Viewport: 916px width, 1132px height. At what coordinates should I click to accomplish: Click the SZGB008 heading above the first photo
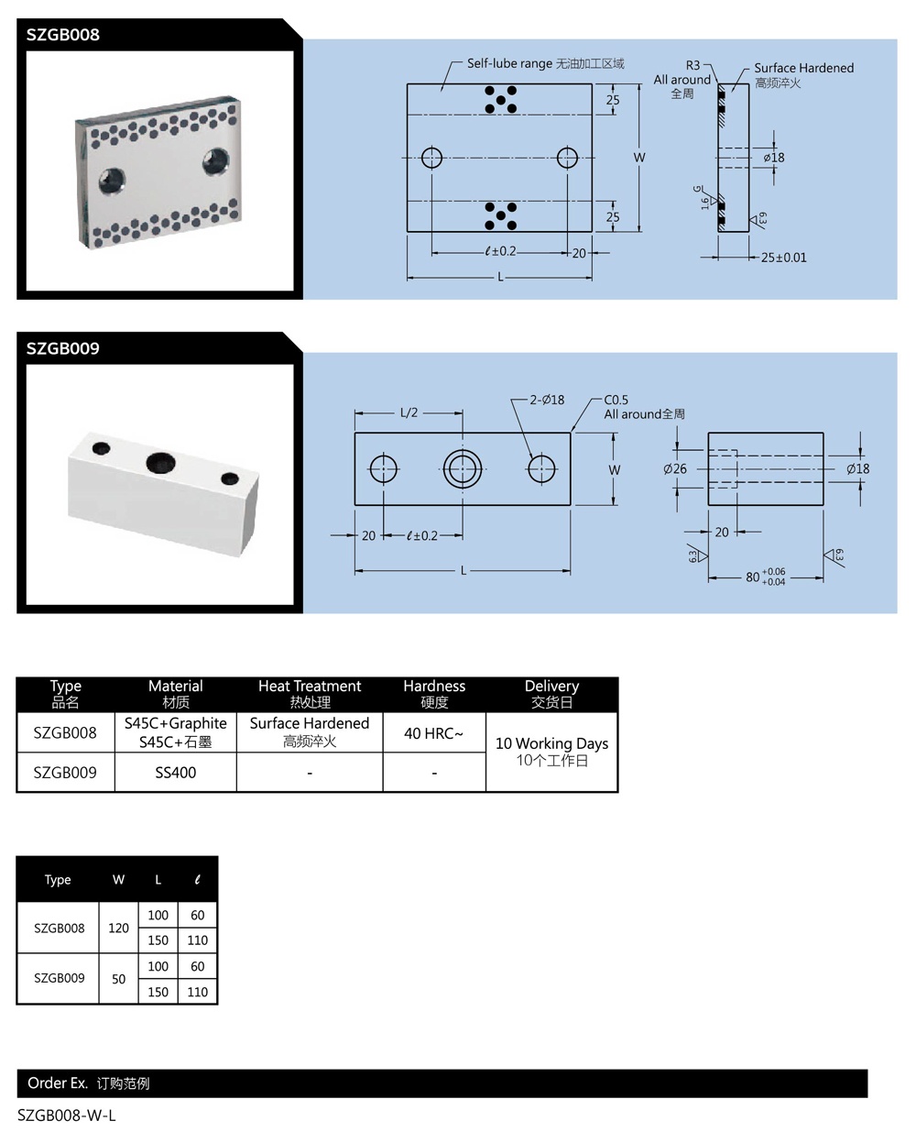click(62, 35)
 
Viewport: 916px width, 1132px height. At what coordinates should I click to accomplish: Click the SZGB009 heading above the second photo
click(62, 348)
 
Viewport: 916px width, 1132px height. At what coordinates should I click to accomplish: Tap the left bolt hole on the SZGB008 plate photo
click(114, 179)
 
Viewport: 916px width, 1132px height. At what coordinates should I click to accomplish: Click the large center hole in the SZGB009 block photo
click(159, 461)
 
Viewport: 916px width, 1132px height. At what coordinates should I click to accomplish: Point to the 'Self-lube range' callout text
click(509, 63)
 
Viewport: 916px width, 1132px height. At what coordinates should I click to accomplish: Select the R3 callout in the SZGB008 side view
click(692, 66)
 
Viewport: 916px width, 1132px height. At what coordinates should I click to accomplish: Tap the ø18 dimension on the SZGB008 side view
click(774, 158)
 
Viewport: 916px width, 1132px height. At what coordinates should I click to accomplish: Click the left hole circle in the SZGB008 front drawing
click(431, 158)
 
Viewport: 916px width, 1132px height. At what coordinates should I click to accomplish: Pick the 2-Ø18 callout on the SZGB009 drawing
click(547, 400)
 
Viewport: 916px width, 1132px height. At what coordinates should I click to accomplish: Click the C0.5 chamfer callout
click(616, 400)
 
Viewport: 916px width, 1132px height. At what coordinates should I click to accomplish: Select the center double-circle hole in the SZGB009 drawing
click(463, 468)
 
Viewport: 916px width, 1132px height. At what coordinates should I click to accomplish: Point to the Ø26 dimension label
click(675, 468)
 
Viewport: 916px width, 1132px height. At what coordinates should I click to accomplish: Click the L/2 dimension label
click(409, 412)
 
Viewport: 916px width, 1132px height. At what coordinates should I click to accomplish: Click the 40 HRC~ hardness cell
click(433, 733)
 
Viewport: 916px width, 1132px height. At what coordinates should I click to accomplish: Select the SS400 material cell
click(175, 773)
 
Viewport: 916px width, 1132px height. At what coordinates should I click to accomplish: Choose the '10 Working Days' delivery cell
click(551, 751)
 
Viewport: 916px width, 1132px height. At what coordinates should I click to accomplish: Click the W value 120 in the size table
click(118, 928)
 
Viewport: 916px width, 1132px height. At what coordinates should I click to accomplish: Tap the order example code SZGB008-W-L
click(67, 1116)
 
